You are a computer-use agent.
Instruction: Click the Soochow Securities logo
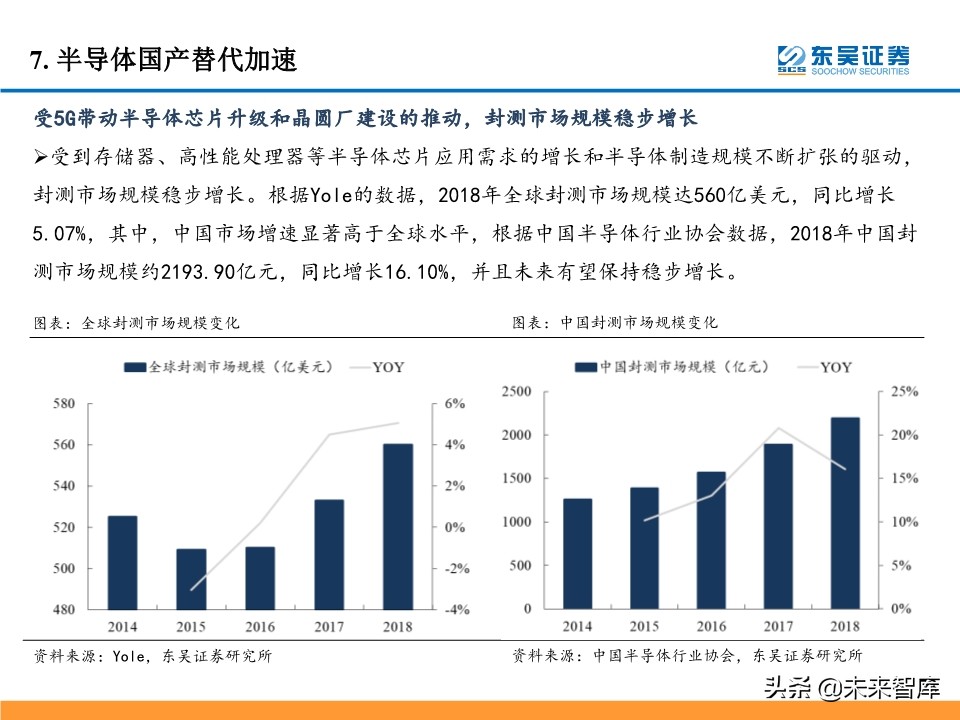[x=844, y=58]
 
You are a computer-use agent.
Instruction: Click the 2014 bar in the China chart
[x=576, y=553]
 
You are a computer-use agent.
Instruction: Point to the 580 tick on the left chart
[x=62, y=404]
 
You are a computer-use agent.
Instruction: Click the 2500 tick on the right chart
[x=517, y=391]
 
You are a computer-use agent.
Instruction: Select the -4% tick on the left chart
[x=456, y=610]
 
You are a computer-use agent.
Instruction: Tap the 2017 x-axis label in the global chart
[x=329, y=627]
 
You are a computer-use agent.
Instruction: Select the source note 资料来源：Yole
[x=152, y=656]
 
